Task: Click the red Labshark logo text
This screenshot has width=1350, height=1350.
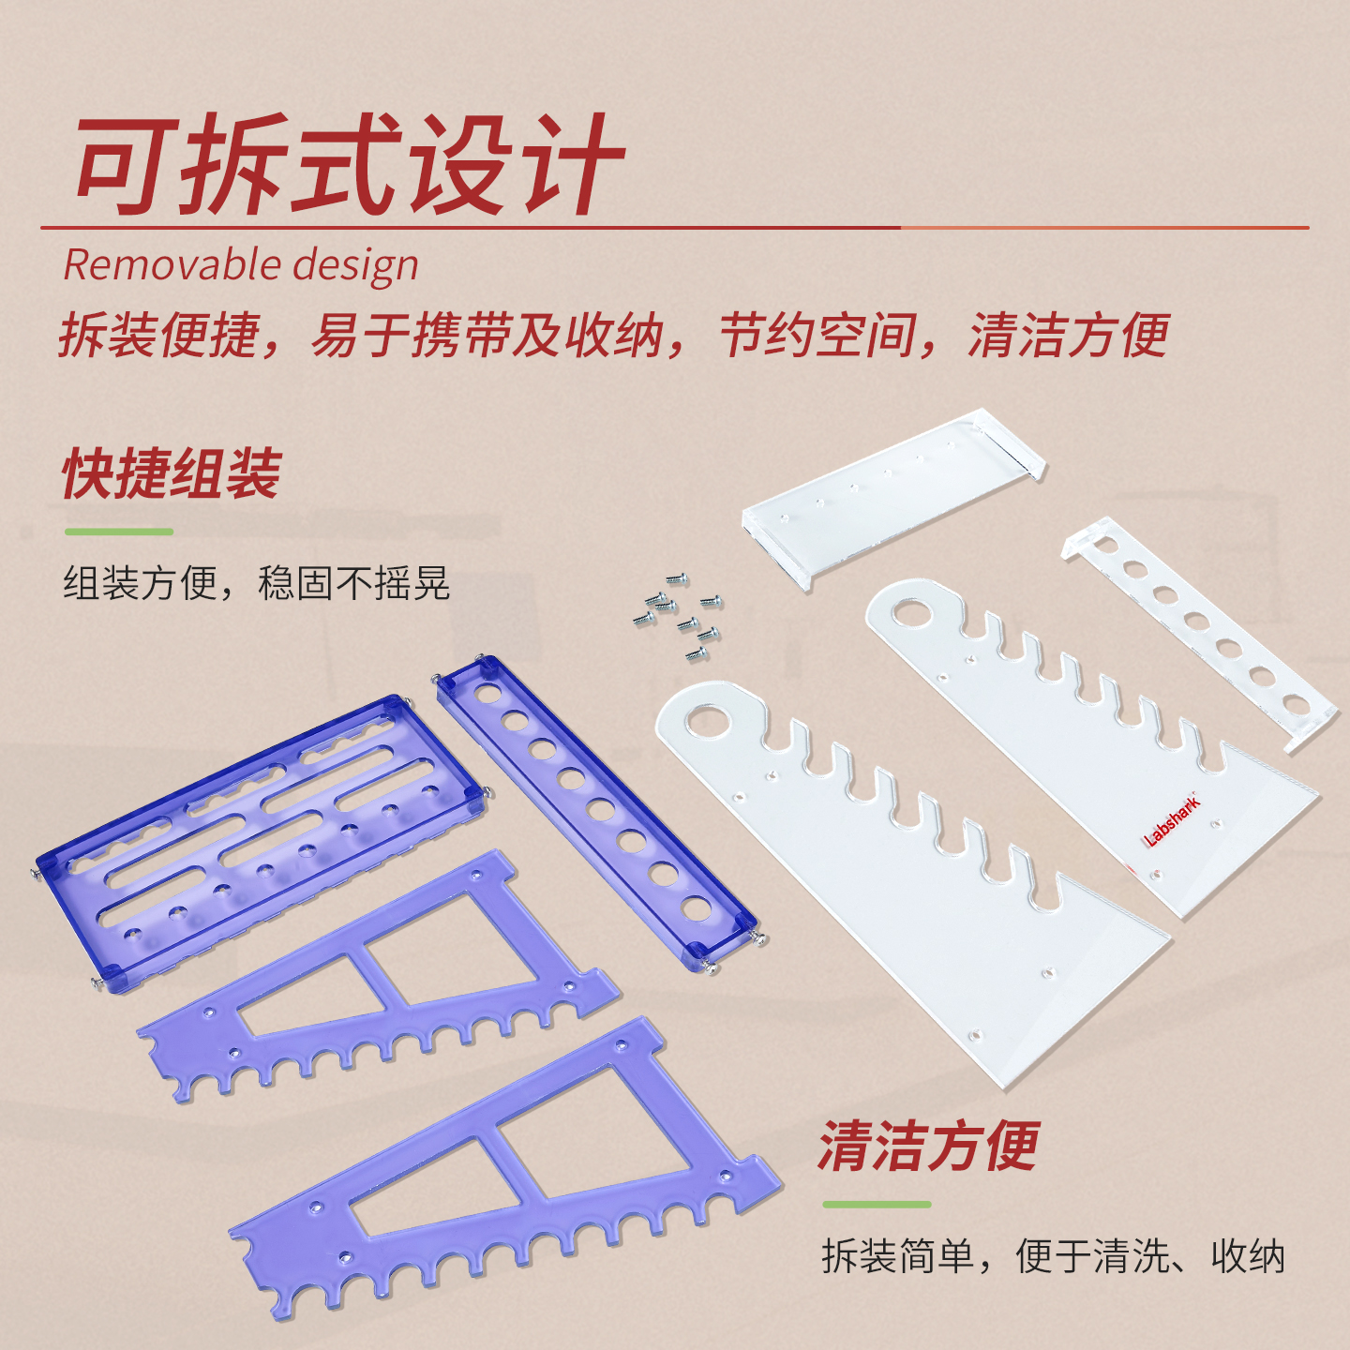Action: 1171,820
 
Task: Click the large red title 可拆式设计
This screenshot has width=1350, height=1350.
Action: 350,165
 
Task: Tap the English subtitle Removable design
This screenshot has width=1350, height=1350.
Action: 241,264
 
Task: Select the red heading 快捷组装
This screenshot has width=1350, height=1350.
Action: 172,474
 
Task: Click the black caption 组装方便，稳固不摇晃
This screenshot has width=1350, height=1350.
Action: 257,583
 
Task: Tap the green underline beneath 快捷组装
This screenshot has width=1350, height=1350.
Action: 119,532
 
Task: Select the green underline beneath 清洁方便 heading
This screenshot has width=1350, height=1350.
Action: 877,1205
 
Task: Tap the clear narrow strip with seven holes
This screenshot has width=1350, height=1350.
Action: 1199,634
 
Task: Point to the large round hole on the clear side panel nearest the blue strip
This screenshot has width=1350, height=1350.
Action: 707,722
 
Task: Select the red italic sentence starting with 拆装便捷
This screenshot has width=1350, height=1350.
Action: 614,335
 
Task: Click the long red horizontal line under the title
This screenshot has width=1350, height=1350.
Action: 675,228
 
